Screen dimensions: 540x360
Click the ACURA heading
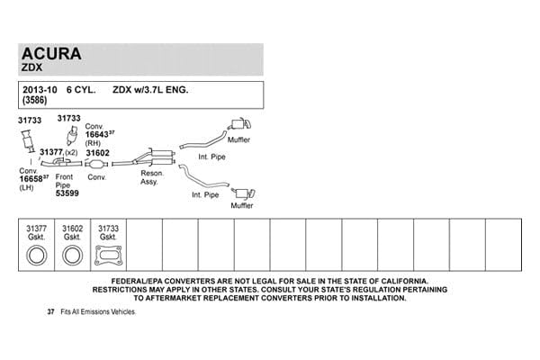(x=51, y=54)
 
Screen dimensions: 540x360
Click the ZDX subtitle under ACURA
(x=31, y=67)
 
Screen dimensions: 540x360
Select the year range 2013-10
(x=40, y=90)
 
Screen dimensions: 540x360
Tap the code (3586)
(x=34, y=100)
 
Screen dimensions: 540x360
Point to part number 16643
(x=97, y=135)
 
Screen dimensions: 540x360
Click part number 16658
(x=31, y=179)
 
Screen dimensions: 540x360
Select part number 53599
(x=67, y=193)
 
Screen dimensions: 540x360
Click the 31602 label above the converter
(x=97, y=153)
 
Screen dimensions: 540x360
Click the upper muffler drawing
(x=239, y=124)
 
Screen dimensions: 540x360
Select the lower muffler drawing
(x=244, y=193)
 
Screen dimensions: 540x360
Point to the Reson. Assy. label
(x=152, y=177)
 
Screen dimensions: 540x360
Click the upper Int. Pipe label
(x=211, y=157)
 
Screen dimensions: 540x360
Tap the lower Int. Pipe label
(x=205, y=194)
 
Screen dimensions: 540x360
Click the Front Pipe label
(x=65, y=181)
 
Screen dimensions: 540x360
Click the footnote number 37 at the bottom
(x=50, y=311)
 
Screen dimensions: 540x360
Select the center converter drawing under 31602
(x=96, y=164)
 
